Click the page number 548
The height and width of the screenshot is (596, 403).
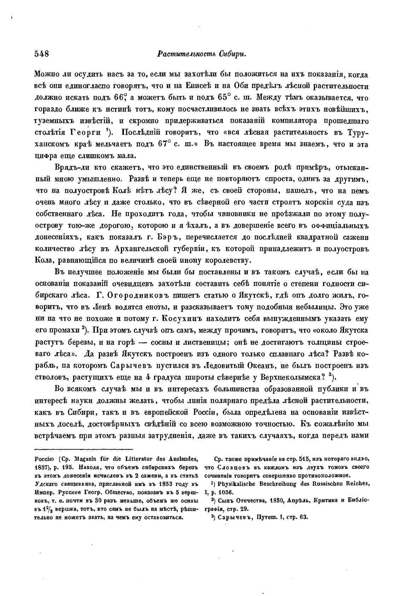click(41, 54)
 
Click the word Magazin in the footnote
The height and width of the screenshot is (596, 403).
click(88, 460)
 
